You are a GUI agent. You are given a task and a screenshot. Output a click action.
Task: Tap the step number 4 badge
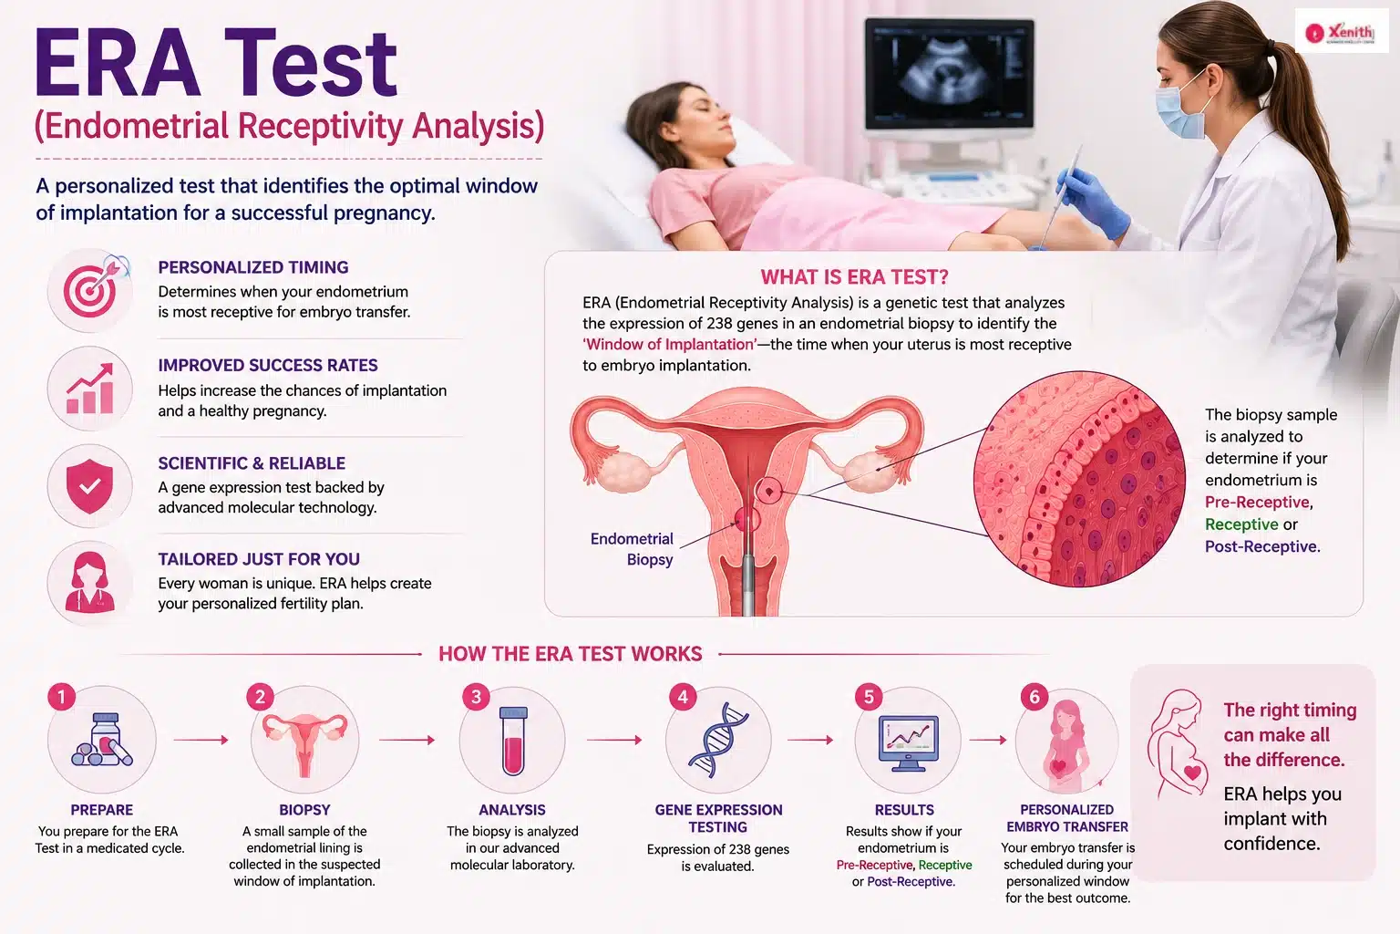click(683, 697)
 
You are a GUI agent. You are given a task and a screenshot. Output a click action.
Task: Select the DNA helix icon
click(719, 739)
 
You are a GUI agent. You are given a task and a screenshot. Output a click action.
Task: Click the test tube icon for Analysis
click(513, 741)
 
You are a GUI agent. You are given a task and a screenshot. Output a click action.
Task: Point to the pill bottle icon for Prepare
click(102, 740)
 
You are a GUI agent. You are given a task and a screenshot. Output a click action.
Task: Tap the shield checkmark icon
click(90, 486)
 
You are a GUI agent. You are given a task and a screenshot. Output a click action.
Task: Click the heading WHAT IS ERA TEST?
click(854, 276)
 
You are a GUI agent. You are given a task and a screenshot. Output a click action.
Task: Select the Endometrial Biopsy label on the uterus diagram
click(632, 549)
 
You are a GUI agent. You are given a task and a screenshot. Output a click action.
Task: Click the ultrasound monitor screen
click(950, 73)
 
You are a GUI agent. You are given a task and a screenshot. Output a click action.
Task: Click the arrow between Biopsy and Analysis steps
click(407, 740)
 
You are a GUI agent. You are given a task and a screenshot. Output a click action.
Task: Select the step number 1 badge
click(61, 696)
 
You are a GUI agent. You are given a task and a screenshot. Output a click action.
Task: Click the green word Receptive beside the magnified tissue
click(1241, 524)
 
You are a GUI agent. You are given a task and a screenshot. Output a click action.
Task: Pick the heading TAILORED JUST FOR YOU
click(259, 558)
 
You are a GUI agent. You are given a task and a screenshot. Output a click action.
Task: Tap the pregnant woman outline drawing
click(1178, 744)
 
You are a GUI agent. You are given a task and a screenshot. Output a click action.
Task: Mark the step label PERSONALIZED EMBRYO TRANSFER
click(1067, 817)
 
